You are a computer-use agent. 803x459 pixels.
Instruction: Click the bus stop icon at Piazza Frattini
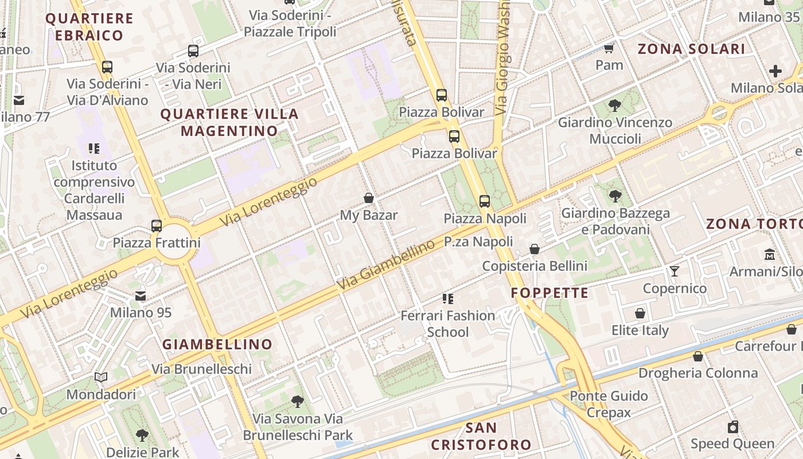pyautogui.click(x=157, y=225)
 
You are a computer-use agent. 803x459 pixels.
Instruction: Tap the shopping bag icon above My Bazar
pyautogui.click(x=369, y=199)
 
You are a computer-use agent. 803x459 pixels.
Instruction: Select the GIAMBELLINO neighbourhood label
pyautogui.click(x=217, y=344)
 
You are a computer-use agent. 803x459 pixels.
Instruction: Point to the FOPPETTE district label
pyautogui.click(x=549, y=293)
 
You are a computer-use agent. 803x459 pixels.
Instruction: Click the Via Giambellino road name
pyautogui.click(x=385, y=265)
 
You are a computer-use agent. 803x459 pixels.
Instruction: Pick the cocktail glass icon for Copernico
pyautogui.click(x=675, y=271)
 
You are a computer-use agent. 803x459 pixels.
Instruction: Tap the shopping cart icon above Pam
pyautogui.click(x=609, y=48)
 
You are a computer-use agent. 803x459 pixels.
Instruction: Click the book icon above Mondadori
pyautogui.click(x=101, y=378)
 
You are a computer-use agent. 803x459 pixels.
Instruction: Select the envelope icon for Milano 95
pyautogui.click(x=141, y=295)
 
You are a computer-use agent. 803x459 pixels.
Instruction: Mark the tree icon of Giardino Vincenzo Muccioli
pyautogui.click(x=615, y=106)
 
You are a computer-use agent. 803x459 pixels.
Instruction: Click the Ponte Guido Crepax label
pyautogui.click(x=609, y=404)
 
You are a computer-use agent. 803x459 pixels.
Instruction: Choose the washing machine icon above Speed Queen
pyautogui.click(x=732, y=427)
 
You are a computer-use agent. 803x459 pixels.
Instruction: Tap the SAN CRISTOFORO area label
pyautogui.click(x=481, y=436)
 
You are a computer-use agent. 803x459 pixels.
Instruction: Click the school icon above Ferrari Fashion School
pyautogui.click(x=448, y=298)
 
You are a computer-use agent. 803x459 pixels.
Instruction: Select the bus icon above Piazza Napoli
pyautogui.click(x=485, y=201)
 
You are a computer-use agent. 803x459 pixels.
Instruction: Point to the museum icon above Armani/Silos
pyautogui.click(x=770, y=254)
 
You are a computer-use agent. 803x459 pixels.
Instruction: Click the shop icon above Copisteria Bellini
pyautogui.click(x=535, y=249)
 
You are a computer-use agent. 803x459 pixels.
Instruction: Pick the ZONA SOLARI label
pyautogui.click(x=691, y=49)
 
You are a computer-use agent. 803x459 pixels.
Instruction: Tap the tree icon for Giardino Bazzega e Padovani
pyautogui.click(x=615, y=196)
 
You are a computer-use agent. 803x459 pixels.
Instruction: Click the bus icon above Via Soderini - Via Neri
pyautogui.click(x=193, y=51)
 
